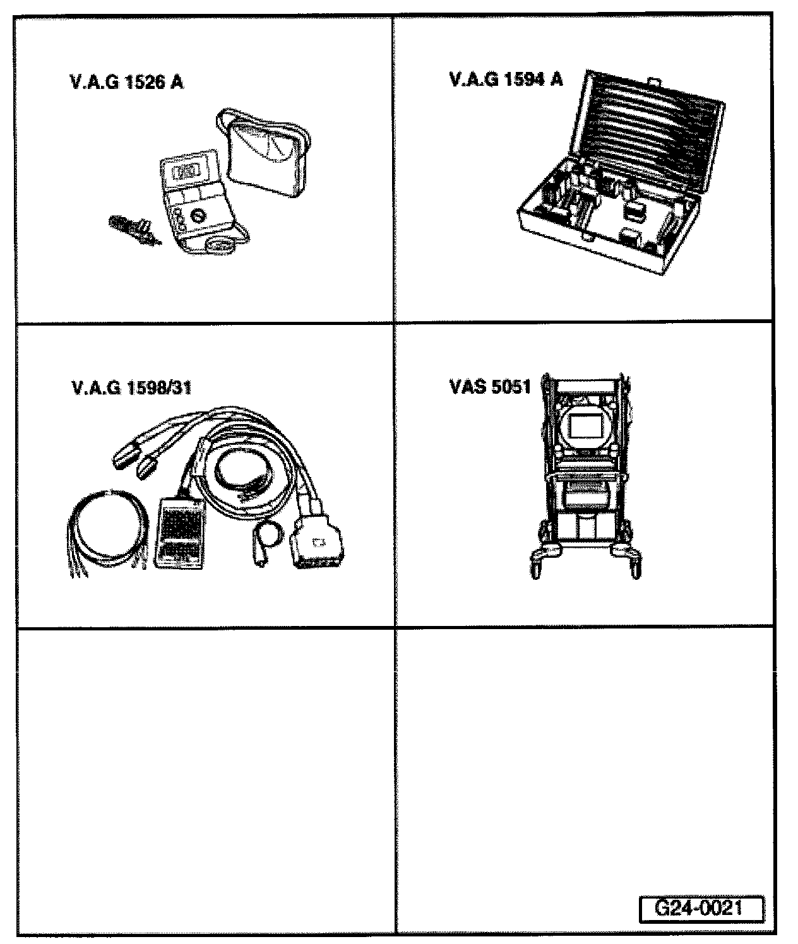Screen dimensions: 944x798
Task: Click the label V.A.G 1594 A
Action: pos(505,80)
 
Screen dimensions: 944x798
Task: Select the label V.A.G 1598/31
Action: pos(131,387)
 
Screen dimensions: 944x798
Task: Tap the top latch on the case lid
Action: pos(655,81)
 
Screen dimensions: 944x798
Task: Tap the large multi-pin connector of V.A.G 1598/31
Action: pos(317,545)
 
